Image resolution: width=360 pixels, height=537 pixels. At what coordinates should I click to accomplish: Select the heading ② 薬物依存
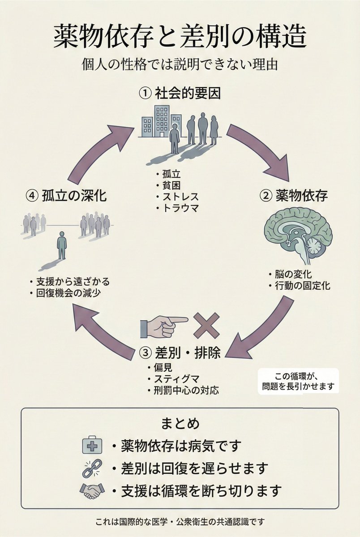click(x=294, y=195)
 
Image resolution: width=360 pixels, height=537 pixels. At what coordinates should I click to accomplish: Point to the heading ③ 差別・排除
click(x=180, y=353)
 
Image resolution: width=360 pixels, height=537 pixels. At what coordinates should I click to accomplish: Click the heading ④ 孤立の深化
click(x=66, y=196)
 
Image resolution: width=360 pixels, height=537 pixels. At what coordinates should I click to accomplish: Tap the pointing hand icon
click(x=163, y=326)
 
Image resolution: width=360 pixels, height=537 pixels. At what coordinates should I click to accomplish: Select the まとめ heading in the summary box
click(x=180, y=423)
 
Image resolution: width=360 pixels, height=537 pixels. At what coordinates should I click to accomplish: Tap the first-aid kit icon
click(x=92, y=446)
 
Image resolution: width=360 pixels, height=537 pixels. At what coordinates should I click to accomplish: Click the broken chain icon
click(x=91, y=468)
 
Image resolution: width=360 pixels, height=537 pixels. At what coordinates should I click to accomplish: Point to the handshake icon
click(x=92, y=491)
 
